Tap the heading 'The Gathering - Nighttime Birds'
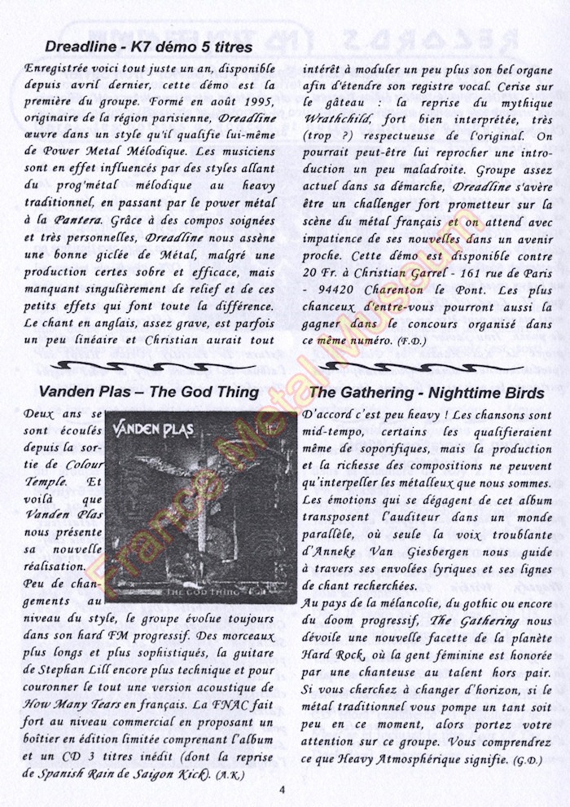427,393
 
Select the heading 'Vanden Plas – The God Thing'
148,393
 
